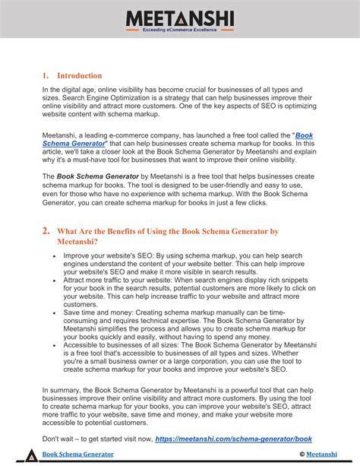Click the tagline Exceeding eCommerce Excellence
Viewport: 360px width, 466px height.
(180, 30)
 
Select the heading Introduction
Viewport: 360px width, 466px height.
(79, 75)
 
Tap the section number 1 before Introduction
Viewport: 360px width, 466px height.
(45, 75)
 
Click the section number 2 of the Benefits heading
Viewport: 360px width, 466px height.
(46, 230)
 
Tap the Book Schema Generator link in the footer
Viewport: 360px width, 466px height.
(77, 455)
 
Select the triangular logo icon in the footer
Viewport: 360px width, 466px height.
(30, 454)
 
